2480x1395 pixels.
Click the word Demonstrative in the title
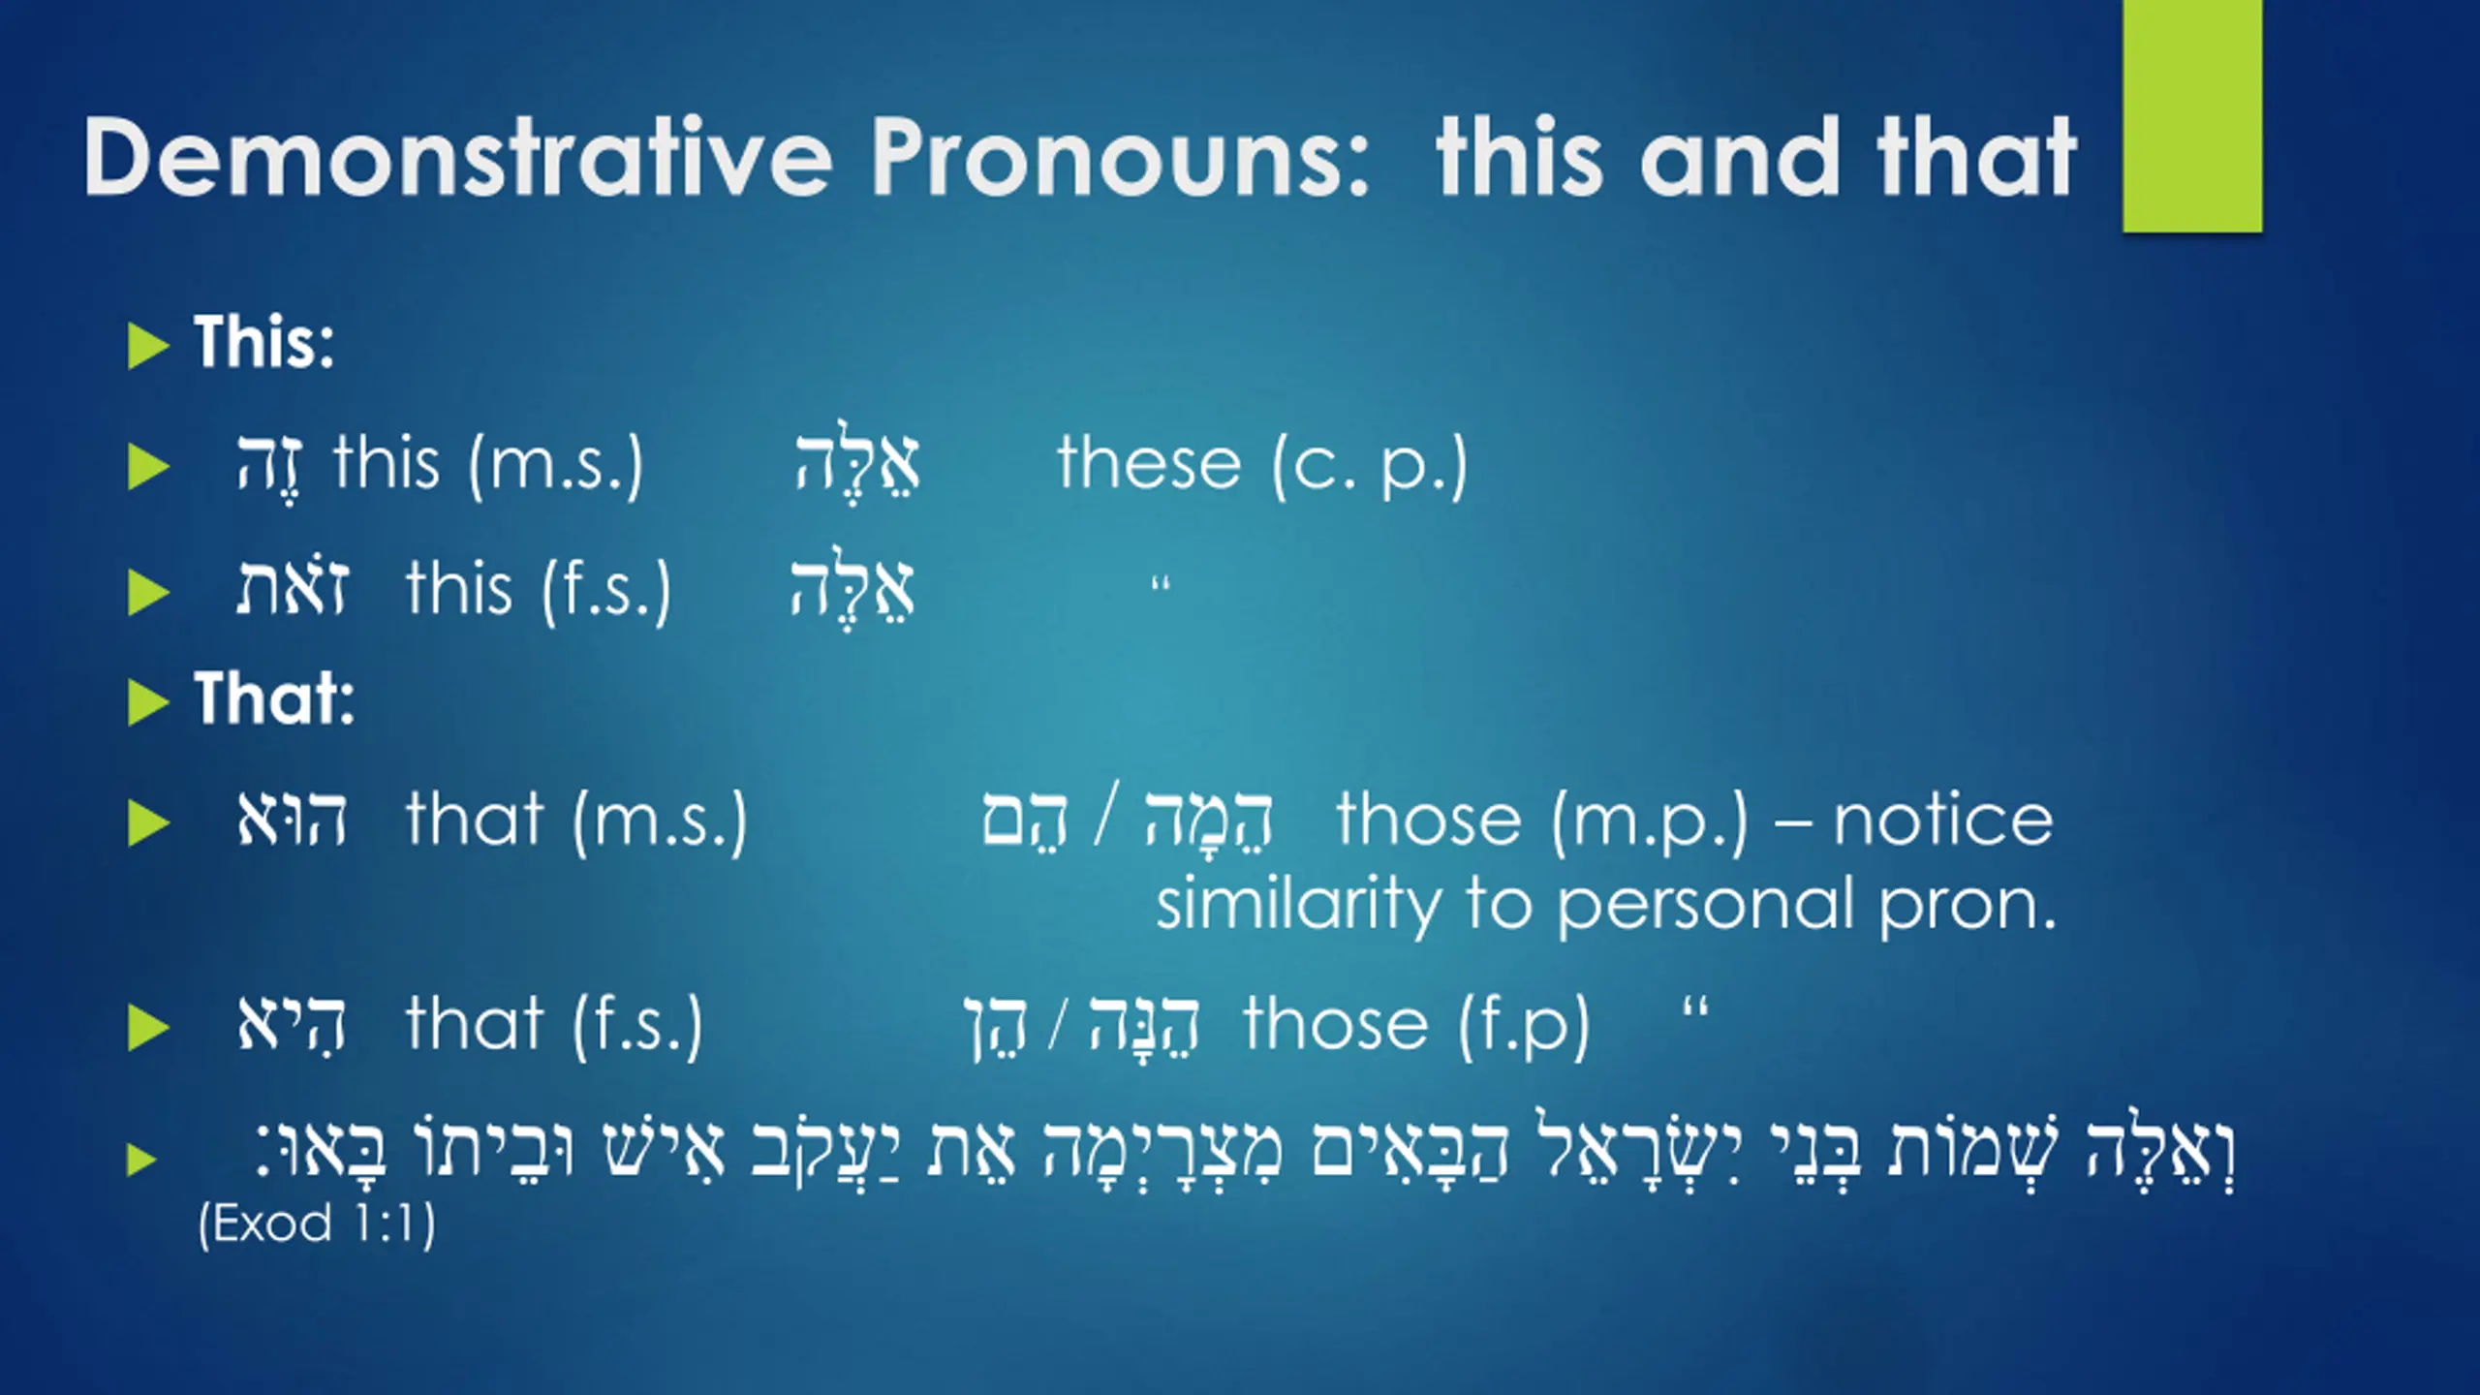pos(458,157)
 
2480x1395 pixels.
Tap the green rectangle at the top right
pos(2192,116)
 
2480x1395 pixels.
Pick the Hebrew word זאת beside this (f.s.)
pos(292,588)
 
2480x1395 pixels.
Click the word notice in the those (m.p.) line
pos(1942,821)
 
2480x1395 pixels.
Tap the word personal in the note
pos(1709,905)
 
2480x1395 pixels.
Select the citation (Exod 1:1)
pos(317,1223)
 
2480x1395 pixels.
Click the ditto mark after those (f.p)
pos(1695,1012)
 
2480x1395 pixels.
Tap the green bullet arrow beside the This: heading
pos(148,346)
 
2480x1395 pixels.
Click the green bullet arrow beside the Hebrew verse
pos(141,1159)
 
